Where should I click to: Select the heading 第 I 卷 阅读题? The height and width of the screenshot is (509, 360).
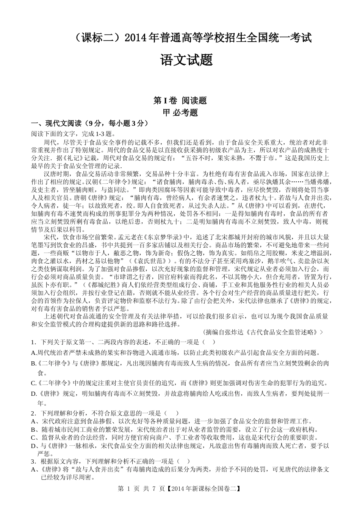[180, 100]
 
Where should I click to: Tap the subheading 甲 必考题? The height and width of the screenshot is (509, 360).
[180, 112]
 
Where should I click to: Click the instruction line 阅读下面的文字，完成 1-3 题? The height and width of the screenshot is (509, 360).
[74, 133]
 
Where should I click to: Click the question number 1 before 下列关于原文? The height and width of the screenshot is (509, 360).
[33, 342]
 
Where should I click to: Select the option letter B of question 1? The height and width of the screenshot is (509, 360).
[33, 363]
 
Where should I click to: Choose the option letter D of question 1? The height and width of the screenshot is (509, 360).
[33, 394]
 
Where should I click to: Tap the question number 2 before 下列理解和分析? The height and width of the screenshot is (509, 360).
[33, 413]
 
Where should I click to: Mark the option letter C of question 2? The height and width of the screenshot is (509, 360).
[33, 438]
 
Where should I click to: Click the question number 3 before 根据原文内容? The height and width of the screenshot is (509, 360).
[33, 462]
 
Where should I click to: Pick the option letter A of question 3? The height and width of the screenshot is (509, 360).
[33, 470]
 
